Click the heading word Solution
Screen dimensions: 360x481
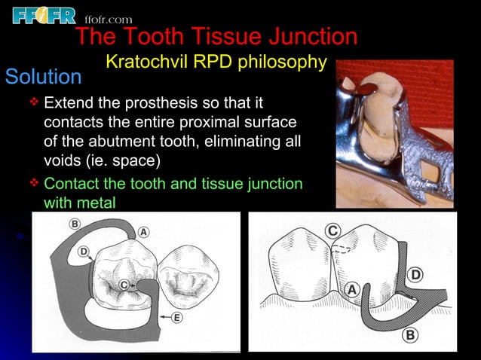43,77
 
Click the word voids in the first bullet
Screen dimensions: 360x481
63,161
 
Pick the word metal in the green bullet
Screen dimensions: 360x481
95,202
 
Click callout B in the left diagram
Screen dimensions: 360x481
75,224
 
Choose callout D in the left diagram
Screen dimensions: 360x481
84,251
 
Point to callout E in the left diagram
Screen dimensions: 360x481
177,318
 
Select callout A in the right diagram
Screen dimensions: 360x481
351,288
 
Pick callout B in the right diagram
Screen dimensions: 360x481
409,334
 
